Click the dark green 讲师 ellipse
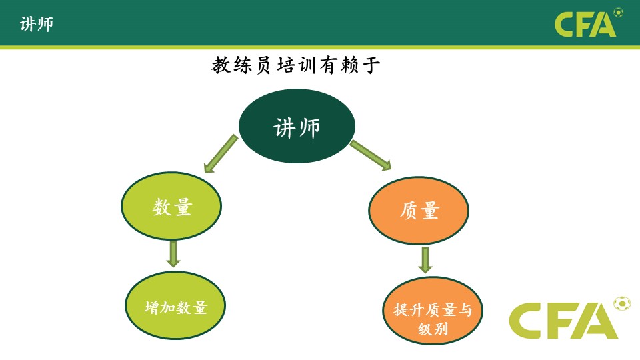297,127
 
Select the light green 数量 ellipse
171,207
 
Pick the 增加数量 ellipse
176,306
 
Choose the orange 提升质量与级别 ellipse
432,311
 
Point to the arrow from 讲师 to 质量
371,155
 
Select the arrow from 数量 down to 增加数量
173,253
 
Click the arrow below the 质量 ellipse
425,259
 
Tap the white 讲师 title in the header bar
36,25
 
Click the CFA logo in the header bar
585,25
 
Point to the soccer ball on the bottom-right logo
623,303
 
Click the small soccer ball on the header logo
618,12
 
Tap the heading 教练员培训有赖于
296,65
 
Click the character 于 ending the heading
371,65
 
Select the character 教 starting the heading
221,65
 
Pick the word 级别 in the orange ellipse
432,329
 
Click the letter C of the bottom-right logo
531,321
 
